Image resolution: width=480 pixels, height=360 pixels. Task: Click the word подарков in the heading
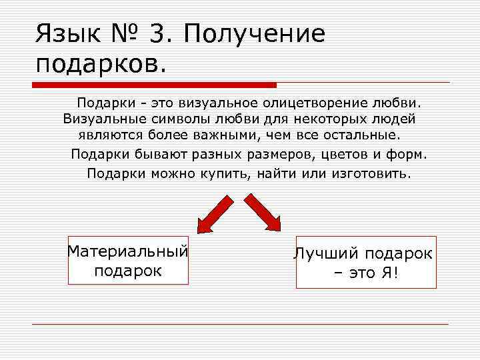coord(99,65)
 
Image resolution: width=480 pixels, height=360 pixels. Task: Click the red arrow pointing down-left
coord(213,212)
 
